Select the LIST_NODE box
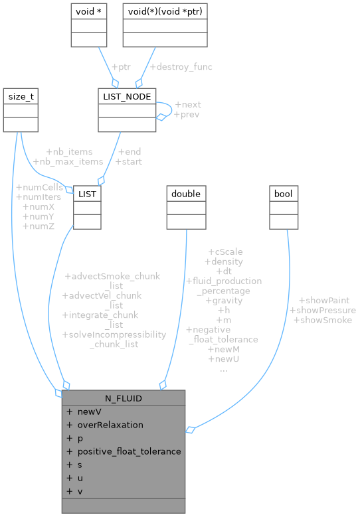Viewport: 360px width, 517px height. coord(126,97)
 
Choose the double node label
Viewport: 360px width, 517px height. coord(186,193)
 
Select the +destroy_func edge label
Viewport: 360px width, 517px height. coord(181,67)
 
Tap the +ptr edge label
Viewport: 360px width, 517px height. coord(120,67)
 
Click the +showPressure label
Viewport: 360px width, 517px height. coord(322,310)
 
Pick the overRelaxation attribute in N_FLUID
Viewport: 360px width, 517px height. coord(110,425)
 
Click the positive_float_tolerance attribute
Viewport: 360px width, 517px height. coord(129,451)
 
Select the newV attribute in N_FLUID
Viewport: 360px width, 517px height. coord(89,411)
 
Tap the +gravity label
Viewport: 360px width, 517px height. coord(223,301)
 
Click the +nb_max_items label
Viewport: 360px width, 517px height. coord(68,161)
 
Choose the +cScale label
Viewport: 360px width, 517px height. coord(225,252)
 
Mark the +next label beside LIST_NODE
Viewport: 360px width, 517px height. coord(187,105)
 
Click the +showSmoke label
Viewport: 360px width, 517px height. coord(322,320)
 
